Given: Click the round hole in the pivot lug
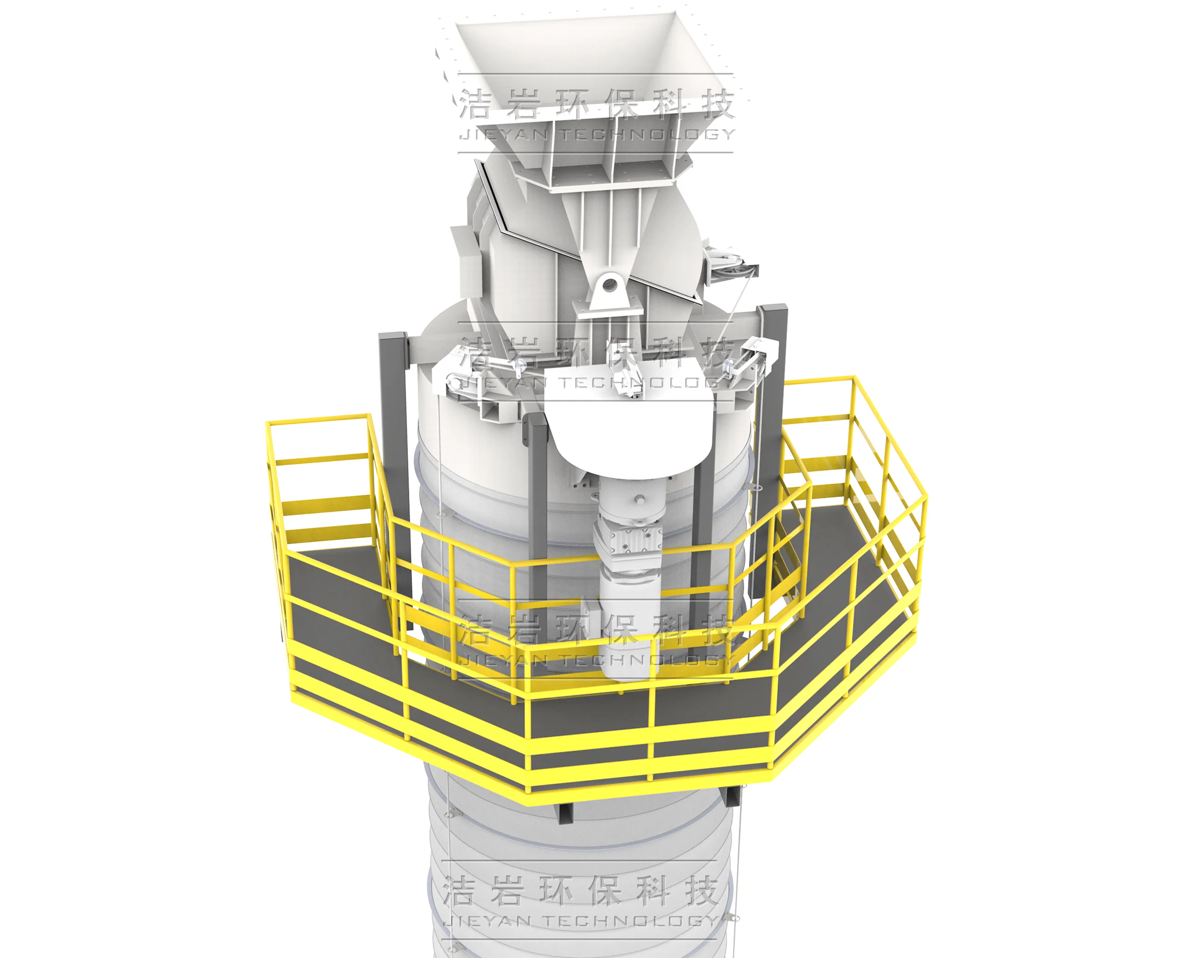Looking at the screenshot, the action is click(x=610, y=285).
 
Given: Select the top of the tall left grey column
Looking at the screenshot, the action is click(x=393, y=336).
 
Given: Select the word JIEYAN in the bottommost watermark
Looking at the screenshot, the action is click(x=489, y=920).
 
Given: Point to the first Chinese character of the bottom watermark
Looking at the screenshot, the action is click(x=458, y=891).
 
